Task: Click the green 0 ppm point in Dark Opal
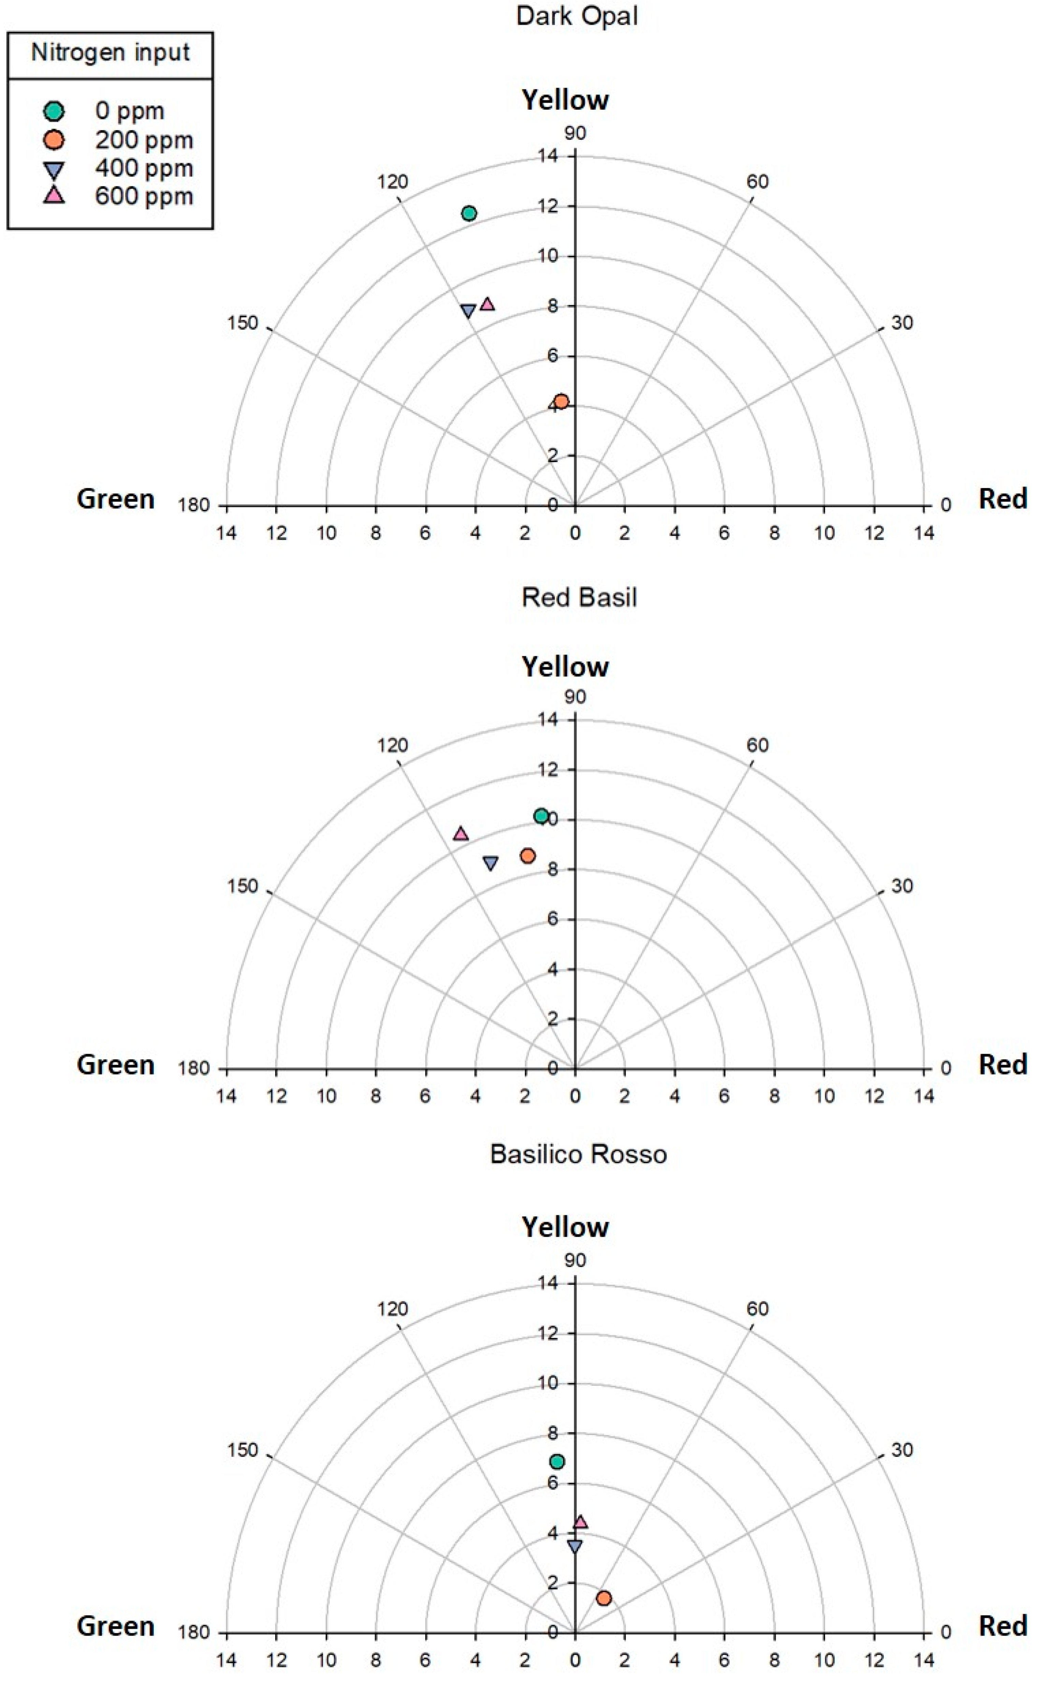469,213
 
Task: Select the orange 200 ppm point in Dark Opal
561,401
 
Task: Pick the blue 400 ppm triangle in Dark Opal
468,311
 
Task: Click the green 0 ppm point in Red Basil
541,816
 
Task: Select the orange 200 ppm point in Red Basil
527,856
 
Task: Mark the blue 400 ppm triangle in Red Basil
491,862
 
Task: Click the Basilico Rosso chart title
578,1154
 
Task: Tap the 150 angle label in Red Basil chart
243,887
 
